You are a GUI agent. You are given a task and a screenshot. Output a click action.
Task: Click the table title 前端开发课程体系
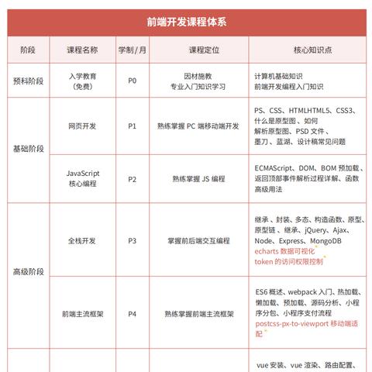coord(185,22)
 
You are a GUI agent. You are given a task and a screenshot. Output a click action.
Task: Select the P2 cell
coord(132,179)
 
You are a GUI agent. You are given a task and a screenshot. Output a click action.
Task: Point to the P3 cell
coord(132,241)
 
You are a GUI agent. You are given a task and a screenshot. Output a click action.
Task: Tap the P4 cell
coord(132,315)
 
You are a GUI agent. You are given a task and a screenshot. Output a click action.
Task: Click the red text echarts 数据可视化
coord(287,252)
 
